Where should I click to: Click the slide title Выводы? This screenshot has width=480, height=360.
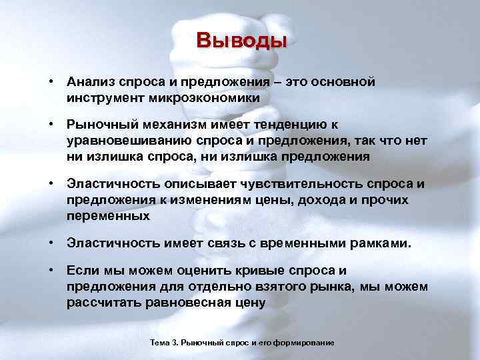(241, 41)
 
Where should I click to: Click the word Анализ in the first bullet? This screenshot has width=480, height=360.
(91, 82)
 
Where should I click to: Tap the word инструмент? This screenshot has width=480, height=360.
(105, 97)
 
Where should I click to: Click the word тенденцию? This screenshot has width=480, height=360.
(286, 124)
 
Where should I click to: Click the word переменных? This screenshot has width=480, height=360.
(108, 216)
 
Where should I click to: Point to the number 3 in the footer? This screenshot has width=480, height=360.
(174, 342)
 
